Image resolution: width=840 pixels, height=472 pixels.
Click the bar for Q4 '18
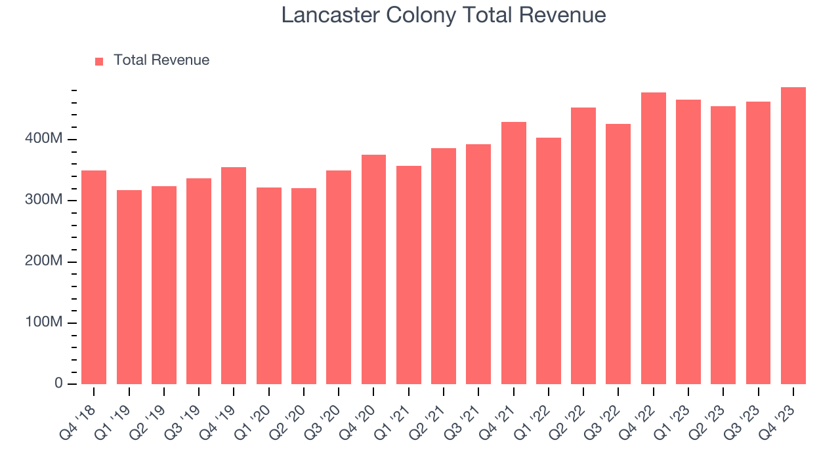[x=94, y=277]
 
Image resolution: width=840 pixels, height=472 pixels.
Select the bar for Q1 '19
[x=129, y=287]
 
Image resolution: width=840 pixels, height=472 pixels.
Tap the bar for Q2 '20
[x=304, y=286]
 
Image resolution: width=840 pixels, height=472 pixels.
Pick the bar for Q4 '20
[x=373, y=269]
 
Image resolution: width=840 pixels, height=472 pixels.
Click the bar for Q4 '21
[x=513, y=253]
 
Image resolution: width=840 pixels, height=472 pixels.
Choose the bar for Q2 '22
[x=583, y=246]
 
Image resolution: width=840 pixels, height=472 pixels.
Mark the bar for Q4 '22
[x=654, y=238]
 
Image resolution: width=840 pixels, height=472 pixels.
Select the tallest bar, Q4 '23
[x=793, y=235]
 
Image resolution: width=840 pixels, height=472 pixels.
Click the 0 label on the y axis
[x=59, y=383]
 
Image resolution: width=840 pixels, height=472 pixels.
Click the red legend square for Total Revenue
[x=99, y=61]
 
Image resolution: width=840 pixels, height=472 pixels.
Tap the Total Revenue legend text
[x=161, y=60]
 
